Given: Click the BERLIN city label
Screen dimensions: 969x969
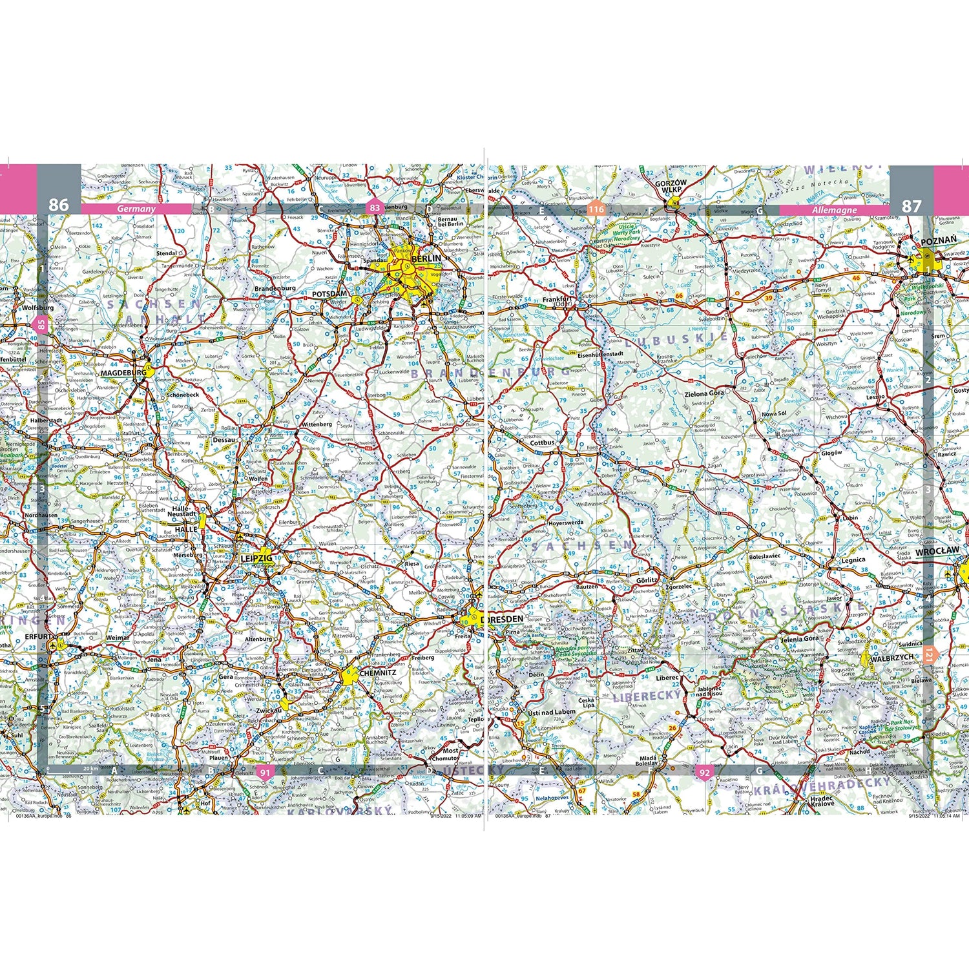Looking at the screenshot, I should click(x=426, y=258).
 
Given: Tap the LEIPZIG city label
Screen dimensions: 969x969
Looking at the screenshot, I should click(x=256, y=558).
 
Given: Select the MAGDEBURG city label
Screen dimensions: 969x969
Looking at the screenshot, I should click(x=123, y=373).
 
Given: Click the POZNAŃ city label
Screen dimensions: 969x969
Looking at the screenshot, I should click(x=938, y=240).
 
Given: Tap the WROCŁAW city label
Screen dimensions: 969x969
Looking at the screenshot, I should click(x=937, y=551).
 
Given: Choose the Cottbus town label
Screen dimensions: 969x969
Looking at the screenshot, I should click(x=542, y=443).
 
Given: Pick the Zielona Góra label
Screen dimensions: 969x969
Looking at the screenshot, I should click(x=704, y=393).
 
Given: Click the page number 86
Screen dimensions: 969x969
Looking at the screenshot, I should click(x=58, y=205).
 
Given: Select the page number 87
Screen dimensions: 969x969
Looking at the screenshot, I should click(x=911, y=206).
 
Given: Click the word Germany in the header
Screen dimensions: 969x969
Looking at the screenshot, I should click(x=136, y=209).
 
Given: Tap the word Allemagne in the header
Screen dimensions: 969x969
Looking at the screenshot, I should click(x=834, y=210).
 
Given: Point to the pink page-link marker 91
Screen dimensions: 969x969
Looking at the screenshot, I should click(x=265, y=772).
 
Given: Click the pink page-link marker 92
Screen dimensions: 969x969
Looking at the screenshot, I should click(x=704, y=773).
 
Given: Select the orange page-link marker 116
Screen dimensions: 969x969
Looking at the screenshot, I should click(x=596, y=209).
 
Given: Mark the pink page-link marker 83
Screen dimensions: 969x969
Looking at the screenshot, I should click(x=375, y=208).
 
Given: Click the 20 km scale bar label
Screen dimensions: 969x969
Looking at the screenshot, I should click(x=90, y=769).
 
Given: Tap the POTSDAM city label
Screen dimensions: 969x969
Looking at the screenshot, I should click(x=329, y=293).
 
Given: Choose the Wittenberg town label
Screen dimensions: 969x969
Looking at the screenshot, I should click(x=317, y=424).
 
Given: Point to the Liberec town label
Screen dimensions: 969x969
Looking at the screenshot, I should click(x=667, y=678).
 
